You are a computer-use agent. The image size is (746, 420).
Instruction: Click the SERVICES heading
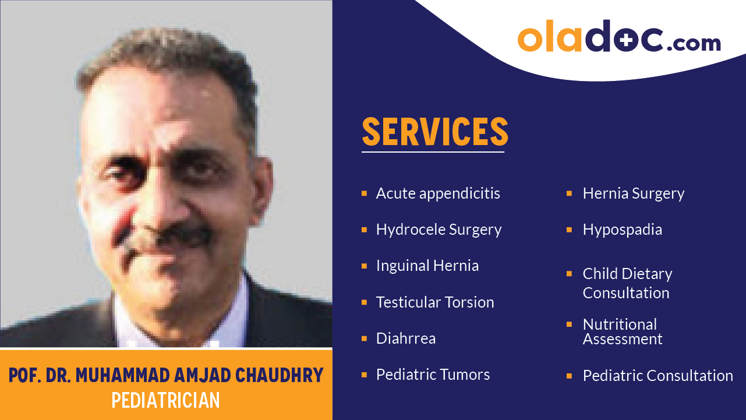pos(434,132)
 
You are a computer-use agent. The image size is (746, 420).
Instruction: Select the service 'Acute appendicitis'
pos(438,193)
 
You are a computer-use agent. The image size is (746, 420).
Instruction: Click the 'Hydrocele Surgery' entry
pos(439,230)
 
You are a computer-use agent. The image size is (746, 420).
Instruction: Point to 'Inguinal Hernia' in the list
pos(427,266)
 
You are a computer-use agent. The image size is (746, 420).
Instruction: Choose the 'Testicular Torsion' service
pos(434,302)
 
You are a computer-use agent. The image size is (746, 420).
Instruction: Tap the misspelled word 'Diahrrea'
pos(405,338)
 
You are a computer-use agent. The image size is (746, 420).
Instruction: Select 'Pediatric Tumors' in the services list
pos(433,375)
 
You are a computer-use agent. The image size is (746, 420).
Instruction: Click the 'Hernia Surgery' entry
pos(633,193)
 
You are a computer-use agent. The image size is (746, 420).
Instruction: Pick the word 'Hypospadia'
pos(622,230)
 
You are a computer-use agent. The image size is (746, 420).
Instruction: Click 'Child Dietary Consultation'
pos(627,283)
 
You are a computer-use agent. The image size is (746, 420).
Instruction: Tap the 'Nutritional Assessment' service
pos(622,331)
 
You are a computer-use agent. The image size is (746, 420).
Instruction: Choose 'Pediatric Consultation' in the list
pos(657,376)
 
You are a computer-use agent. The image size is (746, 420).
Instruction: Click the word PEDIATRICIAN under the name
pos(166,400)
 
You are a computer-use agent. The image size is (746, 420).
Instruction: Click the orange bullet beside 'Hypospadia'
pos(569,230)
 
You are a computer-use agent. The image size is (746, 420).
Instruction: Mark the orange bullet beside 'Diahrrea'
pos(364,338)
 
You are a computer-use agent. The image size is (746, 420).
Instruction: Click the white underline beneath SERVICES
pos(433,152)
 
